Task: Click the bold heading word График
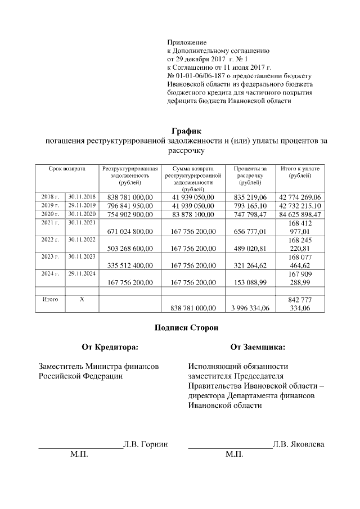pyautogui.click(x=186, y=131)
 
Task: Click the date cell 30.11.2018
pyautogui.click(x=82, y=196)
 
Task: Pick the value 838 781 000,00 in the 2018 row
pyautogui.click(x=129, y=197)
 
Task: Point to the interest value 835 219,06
pyautogui.click(x=250, y=197)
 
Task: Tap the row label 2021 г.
pyautogui.click(x=50, y=223)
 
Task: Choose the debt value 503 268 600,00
pyautogui.click(x=129, y=249)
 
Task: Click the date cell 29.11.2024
pyautogui.click(x=82, y=274)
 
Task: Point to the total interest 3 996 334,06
pyautogui.click(x=250, y=308)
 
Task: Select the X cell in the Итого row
pyautogui.click(x=82, y=299)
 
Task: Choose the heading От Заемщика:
pyautogui.click(x=258, y=347)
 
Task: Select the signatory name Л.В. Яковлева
pyautogui.click(x=298, y=444)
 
